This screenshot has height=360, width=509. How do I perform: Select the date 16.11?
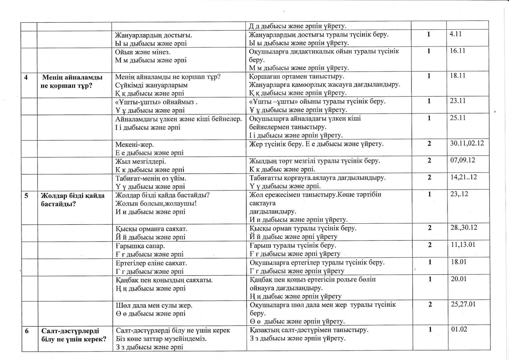[x=457, y=51]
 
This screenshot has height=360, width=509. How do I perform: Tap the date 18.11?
[x=458, y=76]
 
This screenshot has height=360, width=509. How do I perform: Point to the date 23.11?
[x=458, y=101]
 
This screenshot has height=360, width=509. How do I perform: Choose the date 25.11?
[x=458, y=118]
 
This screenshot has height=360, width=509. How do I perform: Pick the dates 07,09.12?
[x=463, y=160]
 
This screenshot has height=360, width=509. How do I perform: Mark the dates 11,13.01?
[x=463, y=244]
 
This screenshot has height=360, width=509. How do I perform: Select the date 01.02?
[x=459, y=329]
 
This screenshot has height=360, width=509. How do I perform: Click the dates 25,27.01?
[x=463, y=304]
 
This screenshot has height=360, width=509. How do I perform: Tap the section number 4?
[x=26, y=77]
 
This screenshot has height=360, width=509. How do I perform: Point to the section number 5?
[x=26, y=195]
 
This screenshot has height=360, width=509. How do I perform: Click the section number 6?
[x=27, y=331]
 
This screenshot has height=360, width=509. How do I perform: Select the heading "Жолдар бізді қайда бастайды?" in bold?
[x=73, y=200]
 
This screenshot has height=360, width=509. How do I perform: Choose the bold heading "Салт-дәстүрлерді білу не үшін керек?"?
[x=74, y=335]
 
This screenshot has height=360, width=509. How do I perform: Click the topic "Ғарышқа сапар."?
[x=140, y=246]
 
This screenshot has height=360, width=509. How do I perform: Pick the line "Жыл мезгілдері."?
[x=141, y=162]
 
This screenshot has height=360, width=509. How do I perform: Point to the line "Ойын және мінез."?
[x=142, y=52]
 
